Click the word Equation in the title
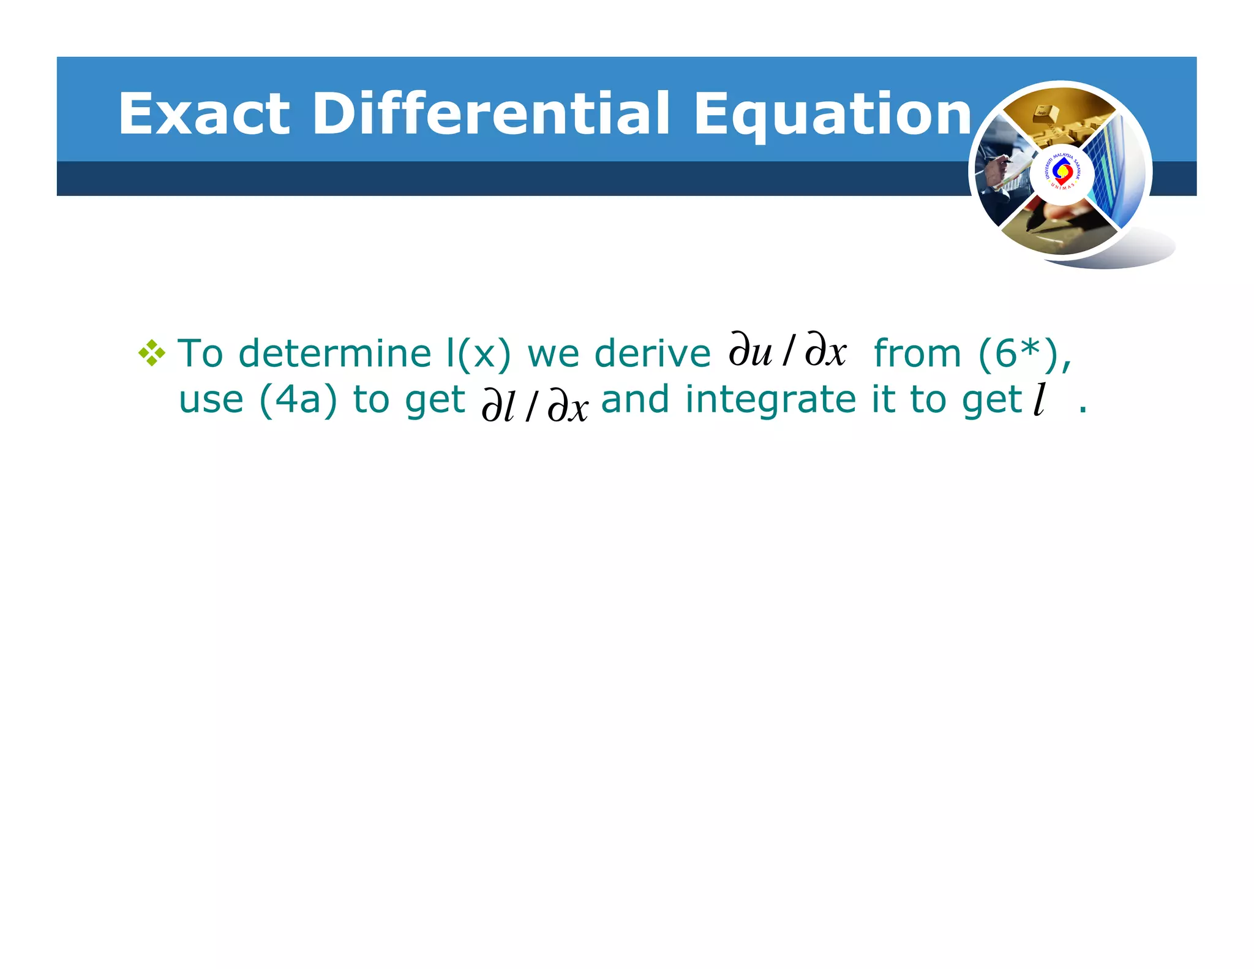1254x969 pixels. coord(833,115)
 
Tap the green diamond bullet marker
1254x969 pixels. coord(151,353)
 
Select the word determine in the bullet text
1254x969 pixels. coord(335,353)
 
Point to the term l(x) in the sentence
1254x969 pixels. coord(478,353)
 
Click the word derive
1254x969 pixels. coord(652,353)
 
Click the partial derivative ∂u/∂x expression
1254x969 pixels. coord(787,351)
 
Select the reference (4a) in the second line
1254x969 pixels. coord(298,399)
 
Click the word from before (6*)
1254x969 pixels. coord(917,353)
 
